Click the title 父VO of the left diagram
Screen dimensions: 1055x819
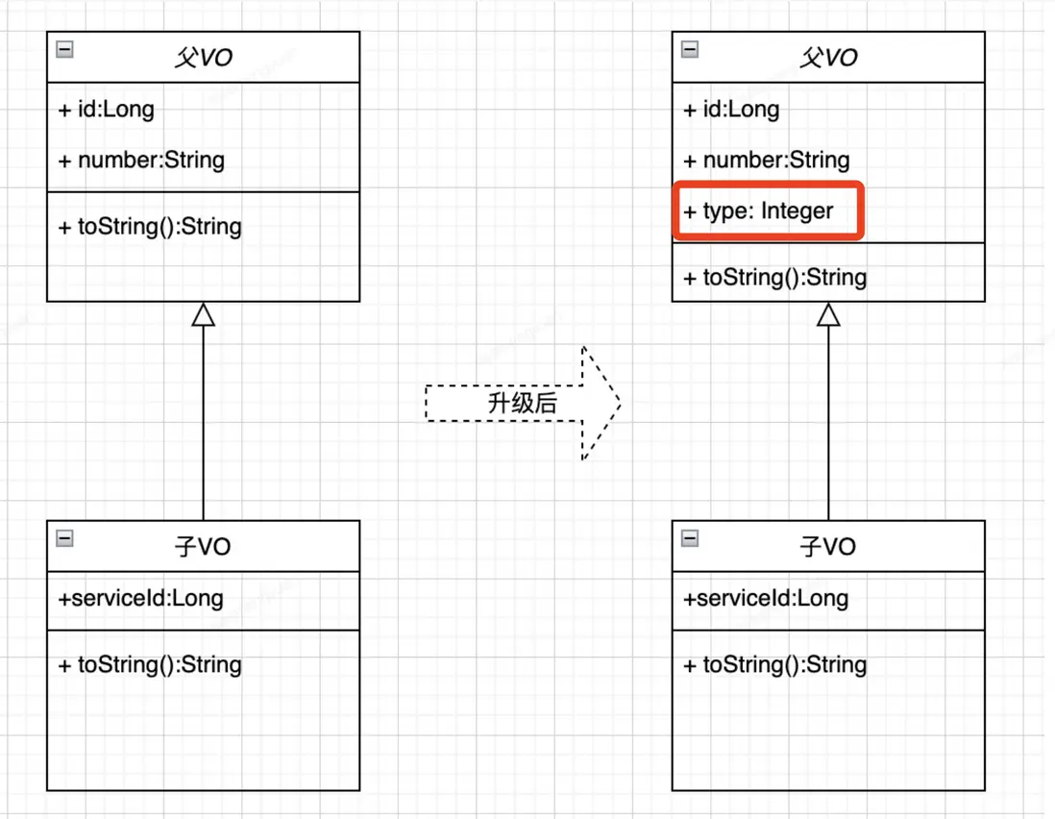pos(203,58)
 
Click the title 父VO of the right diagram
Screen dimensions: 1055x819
pos(828,58)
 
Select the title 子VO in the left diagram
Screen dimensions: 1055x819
pos(203,546)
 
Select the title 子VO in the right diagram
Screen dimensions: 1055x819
pos(828,546)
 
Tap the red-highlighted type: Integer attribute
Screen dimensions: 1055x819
pos(758,211)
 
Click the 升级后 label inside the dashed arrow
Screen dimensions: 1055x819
pos(522,403)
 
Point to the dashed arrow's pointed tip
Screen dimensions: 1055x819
pos(620,403)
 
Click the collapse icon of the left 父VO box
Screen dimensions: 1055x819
pos(64,49)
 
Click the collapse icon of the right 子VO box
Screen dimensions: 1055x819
pos(690,538)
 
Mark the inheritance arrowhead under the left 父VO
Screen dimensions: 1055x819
pos(203,314)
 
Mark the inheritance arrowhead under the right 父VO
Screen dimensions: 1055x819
pos(828,314)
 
